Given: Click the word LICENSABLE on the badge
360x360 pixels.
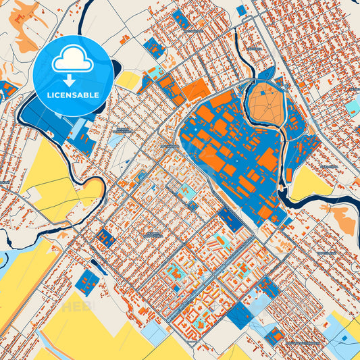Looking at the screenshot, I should pos(73,95).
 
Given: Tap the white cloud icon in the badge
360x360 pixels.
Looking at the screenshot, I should pos(73,61).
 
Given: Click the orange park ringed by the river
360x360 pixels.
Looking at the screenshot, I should pos(267,107).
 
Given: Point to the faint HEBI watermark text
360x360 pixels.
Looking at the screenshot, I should pos(77,305).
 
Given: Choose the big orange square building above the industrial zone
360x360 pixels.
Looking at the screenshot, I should pos(197,90).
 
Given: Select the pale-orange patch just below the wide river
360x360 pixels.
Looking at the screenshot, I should pos(342,220).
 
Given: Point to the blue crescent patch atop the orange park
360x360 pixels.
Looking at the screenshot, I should pos(266,74).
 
